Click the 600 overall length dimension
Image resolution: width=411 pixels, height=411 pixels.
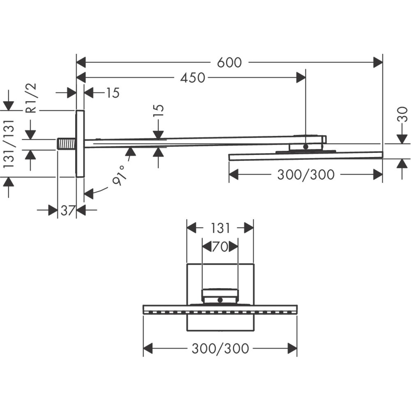click(x=229, y=62)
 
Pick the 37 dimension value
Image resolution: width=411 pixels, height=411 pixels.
click(x=67, y=210)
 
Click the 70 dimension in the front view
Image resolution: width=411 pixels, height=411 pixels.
click(x=220, y=247)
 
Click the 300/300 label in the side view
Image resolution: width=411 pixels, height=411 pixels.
click(x=305, y=175)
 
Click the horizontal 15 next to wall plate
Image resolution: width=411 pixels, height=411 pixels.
click(x=111, y=93)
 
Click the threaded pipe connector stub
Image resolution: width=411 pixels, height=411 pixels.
click(x=66, y=144)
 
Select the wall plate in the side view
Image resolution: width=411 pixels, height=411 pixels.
click(x=80, y=144)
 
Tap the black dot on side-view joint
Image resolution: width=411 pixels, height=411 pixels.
click(x=305, y=146)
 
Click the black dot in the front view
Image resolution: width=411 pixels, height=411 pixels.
click(x=220, y=300)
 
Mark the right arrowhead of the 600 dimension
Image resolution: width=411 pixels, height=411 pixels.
click(x=378, y=62)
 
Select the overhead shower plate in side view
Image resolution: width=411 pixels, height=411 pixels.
click(x=305, y=156)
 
